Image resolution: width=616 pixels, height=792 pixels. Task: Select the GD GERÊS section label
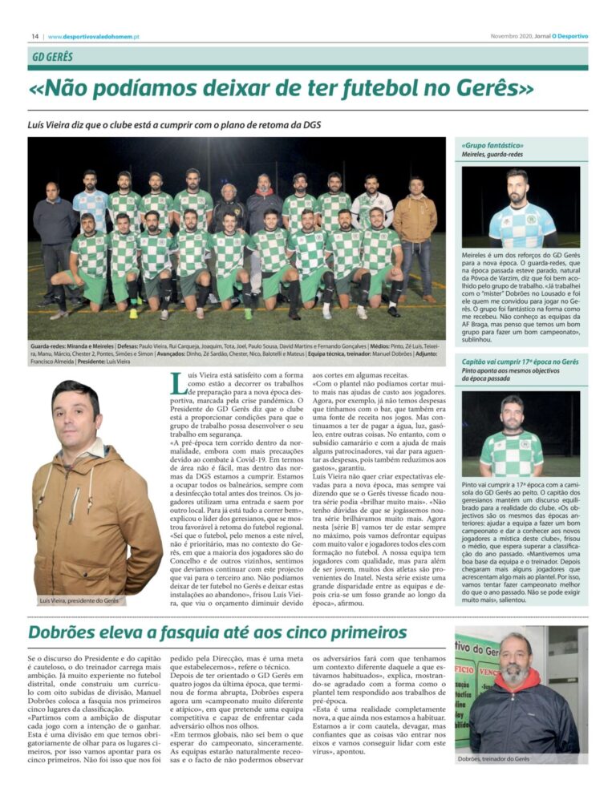(53, 58)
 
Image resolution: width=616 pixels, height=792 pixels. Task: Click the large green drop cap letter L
(178, 385)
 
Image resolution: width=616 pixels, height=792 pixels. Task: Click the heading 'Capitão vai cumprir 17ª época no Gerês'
(521, 362)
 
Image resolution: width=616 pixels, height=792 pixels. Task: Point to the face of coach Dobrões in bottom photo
(513, 665)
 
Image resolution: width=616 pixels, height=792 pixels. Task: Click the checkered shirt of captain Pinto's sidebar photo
(510, 453)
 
